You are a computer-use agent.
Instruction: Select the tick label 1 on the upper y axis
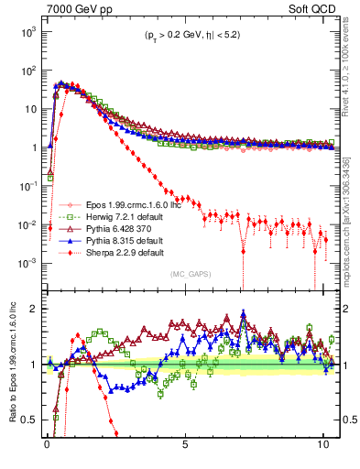tap(32, 147)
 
